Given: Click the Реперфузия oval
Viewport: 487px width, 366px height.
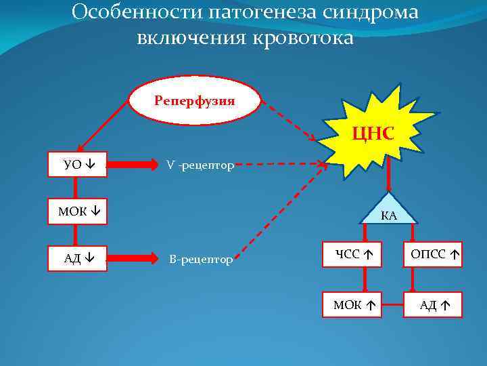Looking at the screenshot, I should click(194, 100).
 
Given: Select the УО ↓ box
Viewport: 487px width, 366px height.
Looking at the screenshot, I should click(78, 164).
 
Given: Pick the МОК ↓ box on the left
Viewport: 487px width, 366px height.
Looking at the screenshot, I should click(78, 211).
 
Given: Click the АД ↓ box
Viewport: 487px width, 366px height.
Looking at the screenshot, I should click(78, 258).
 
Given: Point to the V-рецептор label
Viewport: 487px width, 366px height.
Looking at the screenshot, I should click(200, 165).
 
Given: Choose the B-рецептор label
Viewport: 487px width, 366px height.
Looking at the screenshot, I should click(200, 259).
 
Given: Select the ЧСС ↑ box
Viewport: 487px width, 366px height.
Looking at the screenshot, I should click(356, 254).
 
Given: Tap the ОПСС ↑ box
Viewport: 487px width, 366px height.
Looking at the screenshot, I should click(432, 254).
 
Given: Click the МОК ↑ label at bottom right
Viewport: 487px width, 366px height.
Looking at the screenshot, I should click(355, 306).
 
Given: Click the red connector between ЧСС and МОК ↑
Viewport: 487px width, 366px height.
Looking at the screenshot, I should click(365, 280).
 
